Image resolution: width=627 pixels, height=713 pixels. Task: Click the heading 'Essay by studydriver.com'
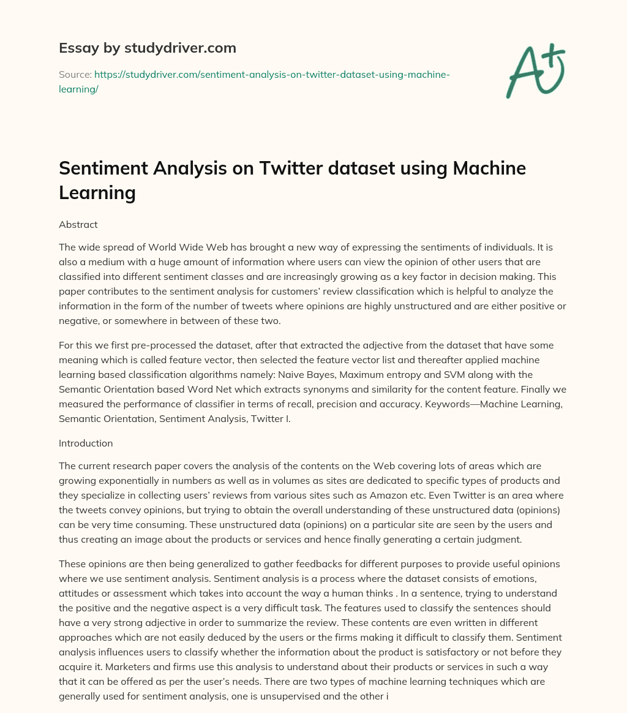click(147, 48)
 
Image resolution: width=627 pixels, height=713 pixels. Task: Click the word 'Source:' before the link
click(75, 74)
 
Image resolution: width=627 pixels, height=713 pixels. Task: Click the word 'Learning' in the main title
click(97, 192)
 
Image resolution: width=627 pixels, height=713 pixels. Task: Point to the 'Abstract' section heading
click(78, 224)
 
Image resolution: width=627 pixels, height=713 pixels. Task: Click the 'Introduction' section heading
click(86, 443)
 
